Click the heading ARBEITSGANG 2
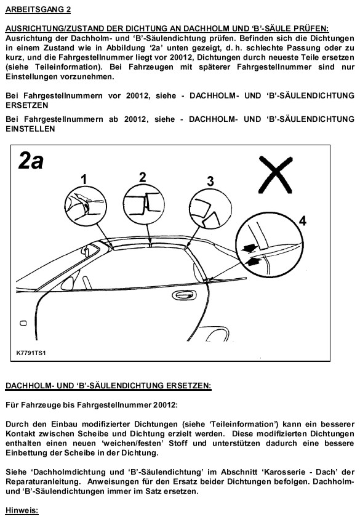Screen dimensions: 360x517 point(38,10)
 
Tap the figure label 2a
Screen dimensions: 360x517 point(31,161)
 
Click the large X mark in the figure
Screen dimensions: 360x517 point(276,174)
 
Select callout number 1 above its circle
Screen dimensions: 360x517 point(84,179)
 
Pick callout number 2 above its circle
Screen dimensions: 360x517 point(142,177)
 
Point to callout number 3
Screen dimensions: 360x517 point(210,182)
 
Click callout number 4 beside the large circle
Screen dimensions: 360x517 point(303,220)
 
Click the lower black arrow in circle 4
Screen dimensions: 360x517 point(252,262)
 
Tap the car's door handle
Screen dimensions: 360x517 point(184,295)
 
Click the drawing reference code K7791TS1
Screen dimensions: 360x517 point(31,353)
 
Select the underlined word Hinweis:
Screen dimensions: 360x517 point(22,511)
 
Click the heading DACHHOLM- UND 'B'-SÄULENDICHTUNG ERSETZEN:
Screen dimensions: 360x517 point(108,385)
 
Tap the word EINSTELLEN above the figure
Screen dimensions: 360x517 point(30,129)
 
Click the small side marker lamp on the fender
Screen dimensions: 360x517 point(23,323)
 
